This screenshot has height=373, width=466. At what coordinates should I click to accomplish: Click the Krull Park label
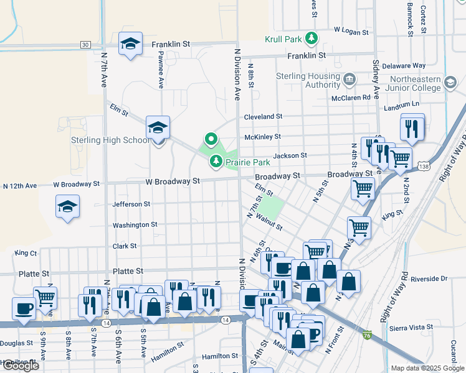click(283, 39)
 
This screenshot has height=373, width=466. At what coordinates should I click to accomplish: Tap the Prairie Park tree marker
click(216, 162)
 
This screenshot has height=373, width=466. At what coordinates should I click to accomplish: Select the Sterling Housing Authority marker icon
click(349, 79)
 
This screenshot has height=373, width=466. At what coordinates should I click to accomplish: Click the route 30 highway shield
click(85, 44)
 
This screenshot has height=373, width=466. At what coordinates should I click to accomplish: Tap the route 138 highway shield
click(424, 167)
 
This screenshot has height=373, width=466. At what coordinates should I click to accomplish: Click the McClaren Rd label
click(351, 98)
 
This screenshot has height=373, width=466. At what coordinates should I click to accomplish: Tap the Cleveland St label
click(263, 116)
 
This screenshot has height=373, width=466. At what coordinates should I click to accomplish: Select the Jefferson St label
click(131, 204)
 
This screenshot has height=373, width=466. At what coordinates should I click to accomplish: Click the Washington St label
click(135, 225)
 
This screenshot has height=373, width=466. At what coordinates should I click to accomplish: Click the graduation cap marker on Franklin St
click(130, 44)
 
